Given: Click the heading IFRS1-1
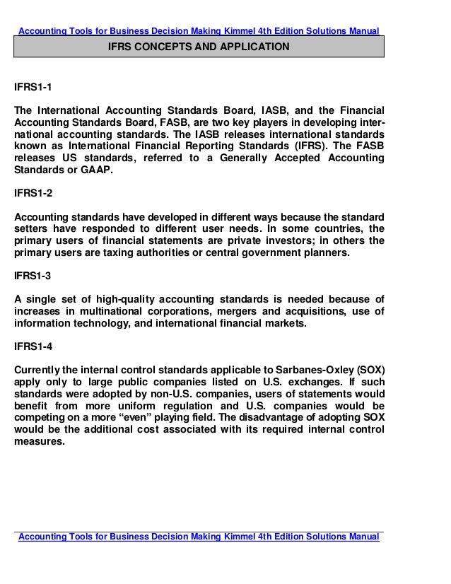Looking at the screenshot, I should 33,88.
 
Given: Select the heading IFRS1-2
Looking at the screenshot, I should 33,192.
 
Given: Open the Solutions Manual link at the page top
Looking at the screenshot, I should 198,30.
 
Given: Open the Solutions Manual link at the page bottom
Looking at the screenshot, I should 198,537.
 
